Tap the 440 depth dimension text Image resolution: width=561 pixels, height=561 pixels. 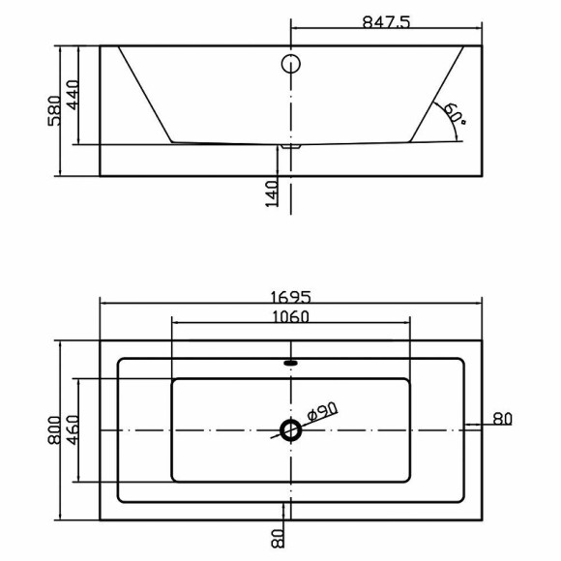(x=74, y=95)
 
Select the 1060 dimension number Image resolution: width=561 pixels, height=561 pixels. (x=290, y=316)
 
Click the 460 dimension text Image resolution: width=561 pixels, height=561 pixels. (x=74, y=428)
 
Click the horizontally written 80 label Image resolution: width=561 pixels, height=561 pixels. (x=502, y=419)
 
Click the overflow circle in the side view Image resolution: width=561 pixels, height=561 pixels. (x=291, y=66)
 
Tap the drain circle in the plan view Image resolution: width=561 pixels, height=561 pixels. (x=290, y=428)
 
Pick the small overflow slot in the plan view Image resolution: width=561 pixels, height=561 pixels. (x=290, y=364)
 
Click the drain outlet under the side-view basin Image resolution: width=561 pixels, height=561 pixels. (x=290, y=147)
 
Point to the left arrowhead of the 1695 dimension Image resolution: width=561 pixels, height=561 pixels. (x=104, y=304)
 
